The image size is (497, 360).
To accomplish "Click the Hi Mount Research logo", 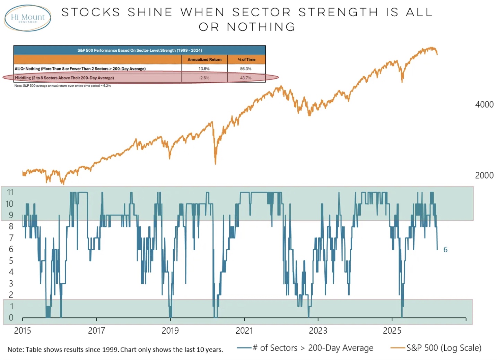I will coord(28,18).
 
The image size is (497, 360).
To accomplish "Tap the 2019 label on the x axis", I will coord(170,331).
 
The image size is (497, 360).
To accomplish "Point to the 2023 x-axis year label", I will coord(318,331).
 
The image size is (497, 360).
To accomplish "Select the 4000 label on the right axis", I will coord(484,104).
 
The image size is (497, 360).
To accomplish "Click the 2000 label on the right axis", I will coord(484,175).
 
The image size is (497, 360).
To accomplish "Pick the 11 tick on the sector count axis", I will coord(10,192).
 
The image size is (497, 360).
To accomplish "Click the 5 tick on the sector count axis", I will coord(11,260).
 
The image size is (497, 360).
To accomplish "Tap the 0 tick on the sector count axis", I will coord(11,317).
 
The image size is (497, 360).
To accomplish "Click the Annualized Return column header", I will coord(204,60).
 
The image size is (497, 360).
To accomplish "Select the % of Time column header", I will coord(246,60).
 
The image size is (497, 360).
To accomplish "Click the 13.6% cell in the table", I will coord(204,69).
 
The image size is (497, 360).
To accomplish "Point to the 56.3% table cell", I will coord(246,69).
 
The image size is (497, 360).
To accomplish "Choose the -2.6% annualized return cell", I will coord(204,78).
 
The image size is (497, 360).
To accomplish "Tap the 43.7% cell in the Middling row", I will coord(246,78).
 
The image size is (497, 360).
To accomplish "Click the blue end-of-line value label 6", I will coord(445,250).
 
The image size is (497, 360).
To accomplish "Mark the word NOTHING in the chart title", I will coord(261,27).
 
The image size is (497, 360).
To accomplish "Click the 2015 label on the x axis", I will coord(23,331).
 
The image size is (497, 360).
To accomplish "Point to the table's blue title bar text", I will coord(139,50).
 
